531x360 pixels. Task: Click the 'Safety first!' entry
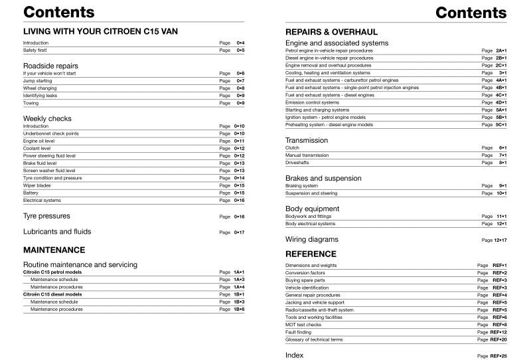coord(35,50)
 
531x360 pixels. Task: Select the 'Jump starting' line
coord(37,80)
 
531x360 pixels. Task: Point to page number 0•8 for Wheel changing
coord(240,88)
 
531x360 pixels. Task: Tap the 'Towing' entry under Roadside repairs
coord(31,103)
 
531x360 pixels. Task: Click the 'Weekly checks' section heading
coord(47,118)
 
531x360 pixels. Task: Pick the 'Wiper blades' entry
coord(37,185)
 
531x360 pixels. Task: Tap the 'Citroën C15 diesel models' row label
coord(52,294)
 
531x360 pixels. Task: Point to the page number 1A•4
coord(239,287)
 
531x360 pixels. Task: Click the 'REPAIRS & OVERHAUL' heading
coord(331,31)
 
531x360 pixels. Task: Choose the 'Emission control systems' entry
coord(312,102)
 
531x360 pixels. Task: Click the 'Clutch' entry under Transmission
coord(292,147)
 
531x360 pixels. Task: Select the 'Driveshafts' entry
coord(297,162)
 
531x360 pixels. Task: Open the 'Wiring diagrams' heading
coord(311,239)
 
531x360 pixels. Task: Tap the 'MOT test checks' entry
coord(304,324)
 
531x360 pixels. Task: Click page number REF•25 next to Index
coord(498,356)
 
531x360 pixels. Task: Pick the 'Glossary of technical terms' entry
coord(314,339)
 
